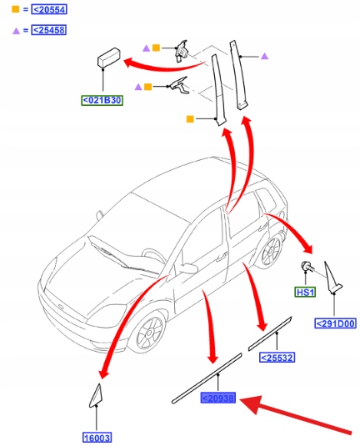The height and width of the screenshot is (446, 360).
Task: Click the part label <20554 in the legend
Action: (x=49, y=10)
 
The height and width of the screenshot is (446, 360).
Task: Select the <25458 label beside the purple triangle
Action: (x=49, y=30)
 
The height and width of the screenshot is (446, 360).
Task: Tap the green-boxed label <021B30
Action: (x=102, y=100)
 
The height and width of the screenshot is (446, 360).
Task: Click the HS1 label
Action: (x=305, y=292)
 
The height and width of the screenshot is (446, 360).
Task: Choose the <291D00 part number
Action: (x=335, y=323)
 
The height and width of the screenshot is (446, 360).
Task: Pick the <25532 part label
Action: (x=277, y=358)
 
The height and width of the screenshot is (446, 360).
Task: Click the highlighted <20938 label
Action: (x=217, y=398)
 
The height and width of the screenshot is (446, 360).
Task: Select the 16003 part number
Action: (x=97, y=438)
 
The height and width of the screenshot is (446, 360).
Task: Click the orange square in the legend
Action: (x=15, y=9)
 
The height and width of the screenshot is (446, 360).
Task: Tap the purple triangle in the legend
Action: (x=16, y=31)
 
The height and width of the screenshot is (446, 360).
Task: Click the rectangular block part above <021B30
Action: (x=108, y=58)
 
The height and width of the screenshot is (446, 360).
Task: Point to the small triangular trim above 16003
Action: (x=96, y=396)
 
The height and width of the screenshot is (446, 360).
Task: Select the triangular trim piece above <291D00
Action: (x=332, y=278)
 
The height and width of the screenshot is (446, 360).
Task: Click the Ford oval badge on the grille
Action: (x=61, y=307)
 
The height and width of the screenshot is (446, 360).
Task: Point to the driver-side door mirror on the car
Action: (x=187, y=268)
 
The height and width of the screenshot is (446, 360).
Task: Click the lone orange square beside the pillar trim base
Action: (x=190, y=119)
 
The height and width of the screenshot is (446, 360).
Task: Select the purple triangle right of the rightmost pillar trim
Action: (x=264, y=57)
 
